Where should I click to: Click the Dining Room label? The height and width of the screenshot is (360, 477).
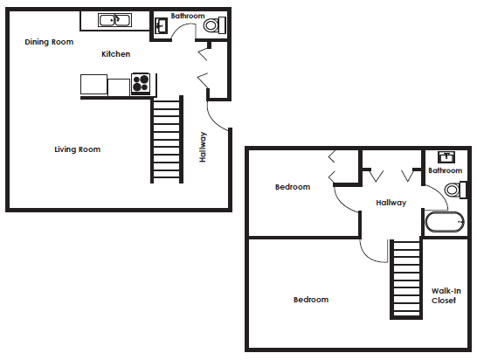(49, 42)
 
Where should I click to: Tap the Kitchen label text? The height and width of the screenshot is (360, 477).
(115, 54)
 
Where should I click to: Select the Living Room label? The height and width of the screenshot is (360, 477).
(77, 149)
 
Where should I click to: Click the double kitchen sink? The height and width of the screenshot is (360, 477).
(115, 20)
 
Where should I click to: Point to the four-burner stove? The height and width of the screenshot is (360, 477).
(141, 83)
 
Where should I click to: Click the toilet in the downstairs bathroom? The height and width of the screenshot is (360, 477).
(214, 25)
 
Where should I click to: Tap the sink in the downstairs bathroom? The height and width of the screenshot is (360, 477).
(161, 26)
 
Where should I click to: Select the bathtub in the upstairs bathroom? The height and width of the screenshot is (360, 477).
(445, 222)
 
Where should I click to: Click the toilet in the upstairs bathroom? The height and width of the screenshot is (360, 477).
(455, 190)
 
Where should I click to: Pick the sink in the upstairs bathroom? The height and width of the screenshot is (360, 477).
(446, 157)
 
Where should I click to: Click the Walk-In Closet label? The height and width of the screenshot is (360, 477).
(446, 295)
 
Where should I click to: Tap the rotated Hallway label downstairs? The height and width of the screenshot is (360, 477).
(203, 147)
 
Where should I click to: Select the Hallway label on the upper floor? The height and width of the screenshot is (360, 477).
(391, 203)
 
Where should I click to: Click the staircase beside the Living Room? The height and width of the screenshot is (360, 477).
(167, 140)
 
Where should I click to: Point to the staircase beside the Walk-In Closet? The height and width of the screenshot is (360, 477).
(406, 279)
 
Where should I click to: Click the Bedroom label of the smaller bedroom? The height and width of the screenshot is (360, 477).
(293, 187)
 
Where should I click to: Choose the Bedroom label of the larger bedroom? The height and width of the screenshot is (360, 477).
(311, 300)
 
